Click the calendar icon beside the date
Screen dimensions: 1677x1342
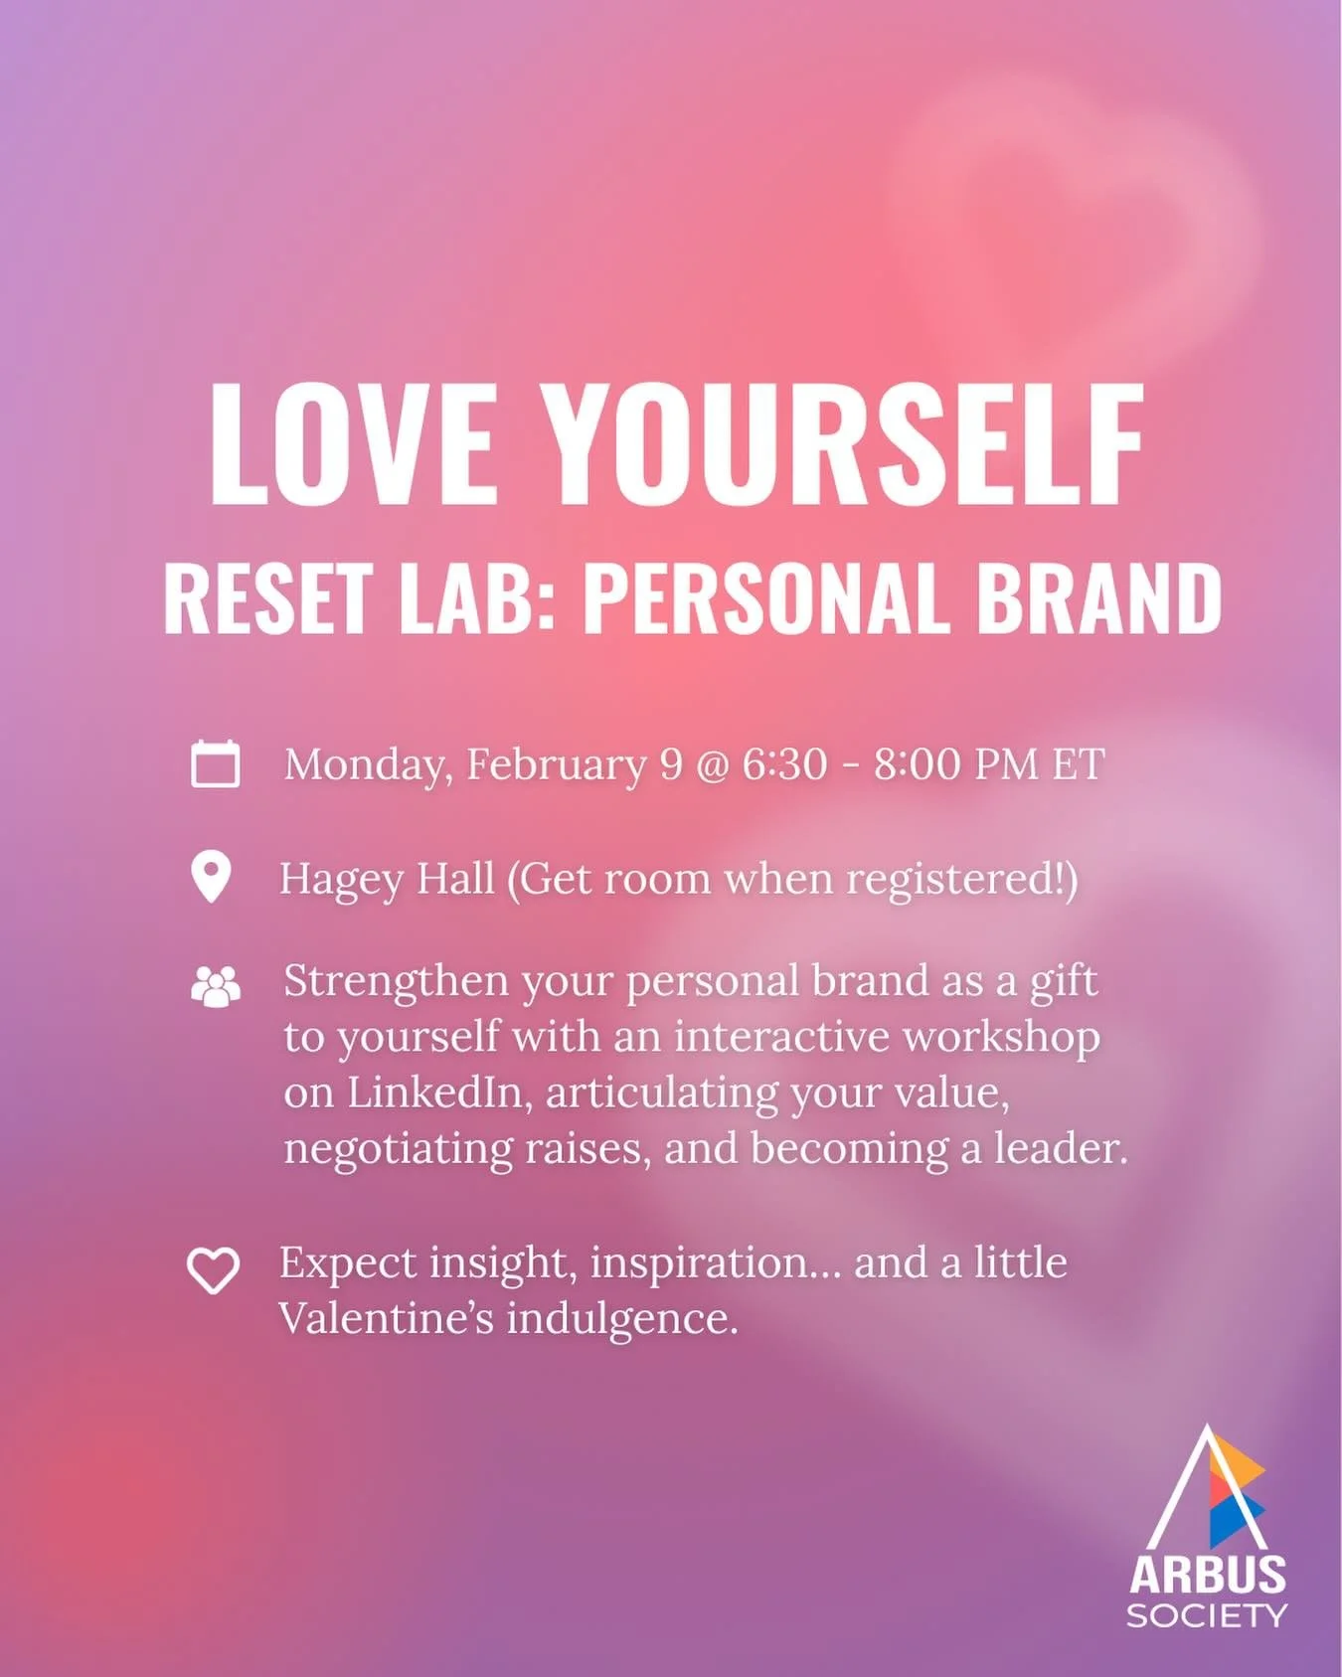coord(215,763)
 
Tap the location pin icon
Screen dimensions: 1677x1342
coord(211,877)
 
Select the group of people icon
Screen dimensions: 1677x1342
coord(215,987)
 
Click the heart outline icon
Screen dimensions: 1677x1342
coord(214,1270)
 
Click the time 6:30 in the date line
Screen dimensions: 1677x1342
coord(784,763)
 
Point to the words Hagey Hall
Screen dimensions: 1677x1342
coord(387,879)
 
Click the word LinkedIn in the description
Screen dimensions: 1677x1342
coord(434,1093)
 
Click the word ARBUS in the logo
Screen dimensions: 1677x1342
coord(1207,1576)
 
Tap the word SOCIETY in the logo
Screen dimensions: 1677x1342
coord(1207,1615)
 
